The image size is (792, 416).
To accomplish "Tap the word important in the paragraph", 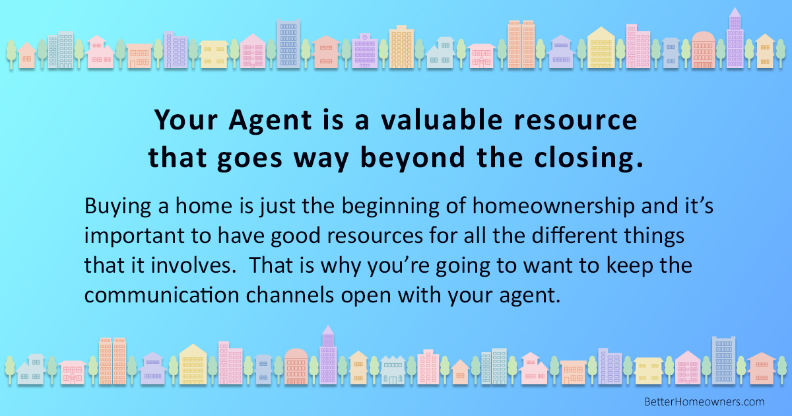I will pos(132,237).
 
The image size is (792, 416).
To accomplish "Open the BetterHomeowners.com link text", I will pos(704,401).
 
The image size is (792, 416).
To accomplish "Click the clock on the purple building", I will pos(364,37).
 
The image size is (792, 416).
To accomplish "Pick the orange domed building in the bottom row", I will pos(296,366).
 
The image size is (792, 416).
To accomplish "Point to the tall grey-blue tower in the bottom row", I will pos(723,361).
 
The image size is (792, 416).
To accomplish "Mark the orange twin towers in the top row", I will pos(521,44).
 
